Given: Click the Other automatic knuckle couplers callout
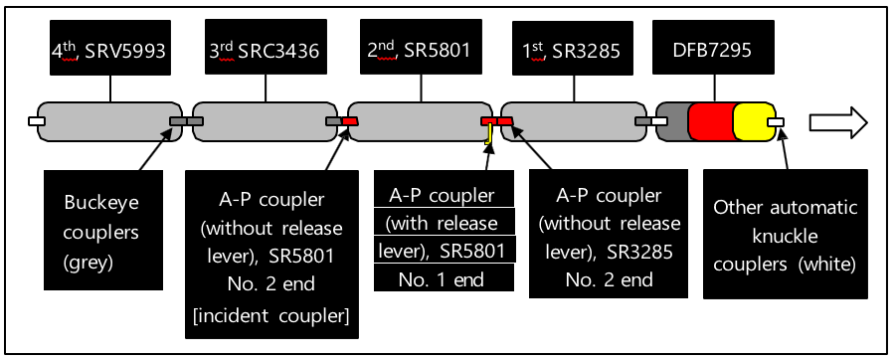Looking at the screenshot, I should pyautogui.click(x=785, y=234).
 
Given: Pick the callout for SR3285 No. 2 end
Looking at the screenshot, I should pyautogui.click(x=607, y=234).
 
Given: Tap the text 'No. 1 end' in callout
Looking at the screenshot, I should pyautogui.click(x=444, y=279).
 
